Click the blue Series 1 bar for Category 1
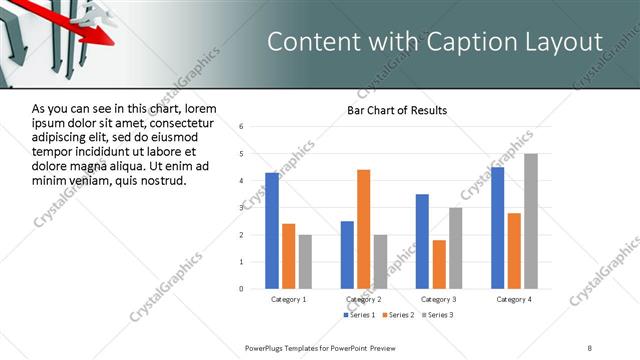pyautogui.click(x=272, y=231)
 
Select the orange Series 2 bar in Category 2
pyautogui.click(x=363, y=229)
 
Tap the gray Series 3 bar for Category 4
pyautogui.click(x=530, y=221)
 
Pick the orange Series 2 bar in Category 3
pyautogui.click(x=439, y=264)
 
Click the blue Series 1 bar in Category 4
pyautogui.click(x=497, y=228)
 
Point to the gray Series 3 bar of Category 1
pyautogui.click(x=305, y=262)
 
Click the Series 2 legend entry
pyautogui.click(x=397, y=315)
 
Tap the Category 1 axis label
pyautogui.click(x=289, y=299)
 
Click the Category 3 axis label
pyautogui.click(x=439, y=299)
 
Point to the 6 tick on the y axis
pyautogui.click(x=241, y=127)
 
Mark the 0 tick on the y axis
pyautogui.click(x=241, y=289)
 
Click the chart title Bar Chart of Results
pyautogui.click(x=397, y=110)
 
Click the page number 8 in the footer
pyautogui.click(x=590, y=346)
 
